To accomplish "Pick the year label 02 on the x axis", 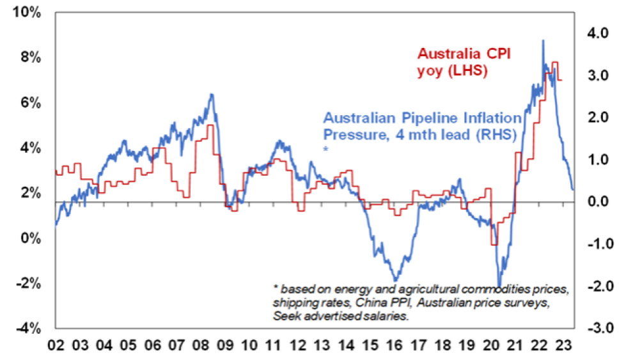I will coord(56,348).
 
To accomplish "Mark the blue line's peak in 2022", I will coord(543,40).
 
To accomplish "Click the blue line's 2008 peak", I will coord(212,94).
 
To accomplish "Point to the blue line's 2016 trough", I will coord(395,280).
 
